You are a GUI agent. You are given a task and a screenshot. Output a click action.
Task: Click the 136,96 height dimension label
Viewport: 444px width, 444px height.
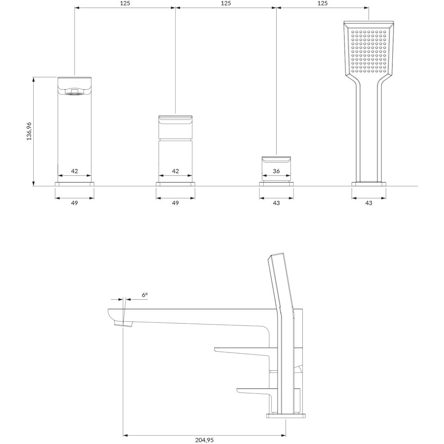[x=29, y=131]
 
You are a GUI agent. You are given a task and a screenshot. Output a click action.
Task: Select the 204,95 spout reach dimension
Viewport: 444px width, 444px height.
[x=204, y=440]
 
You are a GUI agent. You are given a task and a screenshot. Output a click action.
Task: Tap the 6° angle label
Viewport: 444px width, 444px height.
[x=145, y=295]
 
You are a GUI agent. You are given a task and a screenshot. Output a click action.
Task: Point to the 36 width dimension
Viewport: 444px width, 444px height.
[x=276, y=171]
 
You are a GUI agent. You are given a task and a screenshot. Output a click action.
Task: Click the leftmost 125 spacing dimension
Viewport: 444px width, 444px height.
[x=125, y=4]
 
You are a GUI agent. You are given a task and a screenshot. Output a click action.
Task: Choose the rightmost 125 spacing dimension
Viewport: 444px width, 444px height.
[x=322, y=4]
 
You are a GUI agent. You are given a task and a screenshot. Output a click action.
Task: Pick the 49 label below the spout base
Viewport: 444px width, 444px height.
[x=74, y=203]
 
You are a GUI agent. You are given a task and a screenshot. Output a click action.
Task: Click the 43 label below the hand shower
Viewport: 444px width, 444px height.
[x=369, y=203]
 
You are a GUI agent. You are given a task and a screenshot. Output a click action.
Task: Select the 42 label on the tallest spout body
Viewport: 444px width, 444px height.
[x=74, y=171]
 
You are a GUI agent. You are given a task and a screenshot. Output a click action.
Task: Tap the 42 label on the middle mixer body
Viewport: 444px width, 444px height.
[x=175, y=171]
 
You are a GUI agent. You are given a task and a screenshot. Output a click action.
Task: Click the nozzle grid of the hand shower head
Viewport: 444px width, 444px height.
[x=369, y=52]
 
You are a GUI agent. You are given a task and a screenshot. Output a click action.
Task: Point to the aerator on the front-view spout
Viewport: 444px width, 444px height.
[x=75, y=92]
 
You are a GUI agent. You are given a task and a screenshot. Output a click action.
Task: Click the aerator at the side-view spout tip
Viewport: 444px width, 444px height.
[x=123, y=324]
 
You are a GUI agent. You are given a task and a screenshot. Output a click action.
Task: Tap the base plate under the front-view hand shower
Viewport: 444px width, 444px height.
[x=369, y=184]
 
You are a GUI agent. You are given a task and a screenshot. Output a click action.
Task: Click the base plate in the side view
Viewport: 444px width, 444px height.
[x=286, y=416]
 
